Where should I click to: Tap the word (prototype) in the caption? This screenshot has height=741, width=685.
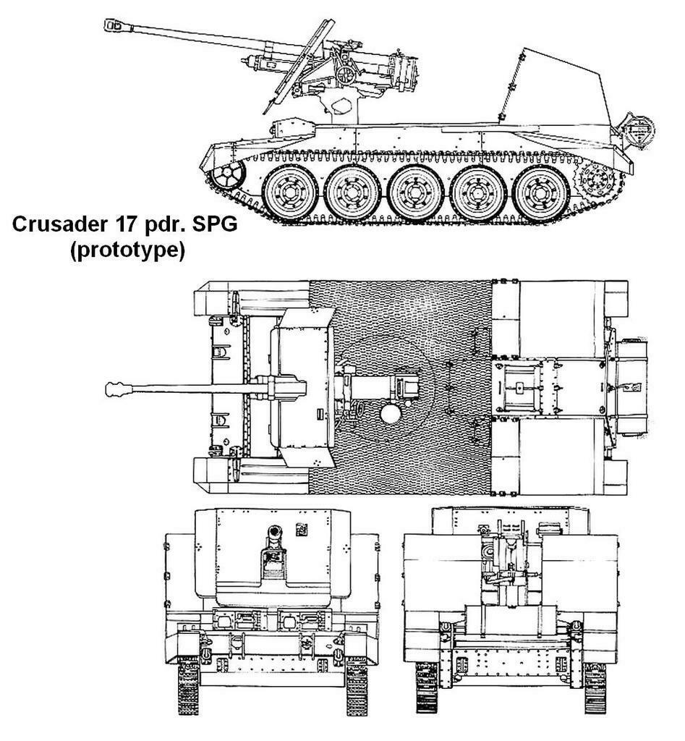127,250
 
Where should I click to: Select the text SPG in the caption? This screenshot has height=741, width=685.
215,224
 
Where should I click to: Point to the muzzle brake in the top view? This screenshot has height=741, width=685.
119,389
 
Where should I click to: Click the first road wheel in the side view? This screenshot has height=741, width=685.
289,192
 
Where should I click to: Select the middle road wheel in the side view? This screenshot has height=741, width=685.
414,192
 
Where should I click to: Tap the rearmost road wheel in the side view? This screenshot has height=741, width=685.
540,192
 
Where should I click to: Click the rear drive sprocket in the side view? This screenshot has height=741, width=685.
597,179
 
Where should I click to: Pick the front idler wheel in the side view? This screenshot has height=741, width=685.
228,175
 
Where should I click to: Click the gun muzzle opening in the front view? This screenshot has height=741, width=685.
274,532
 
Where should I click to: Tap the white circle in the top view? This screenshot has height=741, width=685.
391,415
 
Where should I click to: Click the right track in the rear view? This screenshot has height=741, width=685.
595,687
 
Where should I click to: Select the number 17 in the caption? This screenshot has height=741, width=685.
124,224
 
